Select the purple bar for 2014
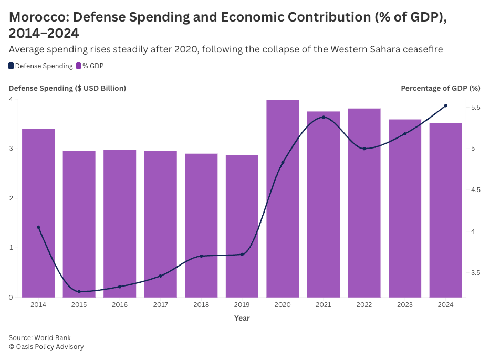pyautogui.click(x=38, y=213)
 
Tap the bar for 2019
pyautogui.click(x=242, y=226)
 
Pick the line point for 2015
pyautogui.click(x=79, y=292)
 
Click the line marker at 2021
pyautogui.click(x=324, y=117)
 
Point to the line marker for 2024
pyautogui.click(x=445, y=106)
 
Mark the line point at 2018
pyautogui.click(x=201, y=256)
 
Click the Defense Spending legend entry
pyautogui.click(x=41, y=66)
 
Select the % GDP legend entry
pyautogui.click(x=90, y=66)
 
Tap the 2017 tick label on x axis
pyautogui.click(x=161, y=305)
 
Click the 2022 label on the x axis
pyautogui.click(x=364, y=305)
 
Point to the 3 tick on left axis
pyautogui.click(x=11, y=149)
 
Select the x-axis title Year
pyautogui.click(x=242, y=318)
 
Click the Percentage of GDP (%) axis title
pyautogui.click(x=440, y=88)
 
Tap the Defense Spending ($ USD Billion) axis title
pyautogui.click(x=67, y=88)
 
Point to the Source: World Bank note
pyautogui.click(x=39, y=337)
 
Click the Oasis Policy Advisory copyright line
pyautogui.click(x=46, y=347)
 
